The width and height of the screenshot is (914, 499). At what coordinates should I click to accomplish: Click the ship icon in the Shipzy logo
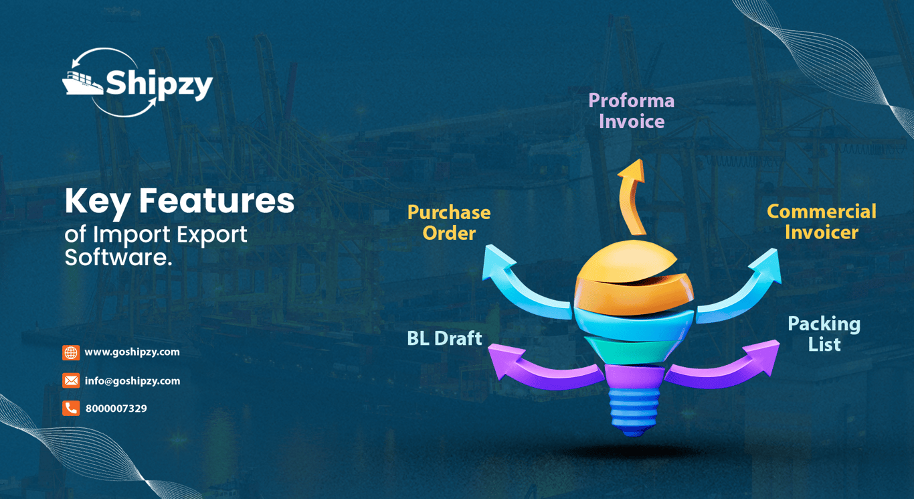82,83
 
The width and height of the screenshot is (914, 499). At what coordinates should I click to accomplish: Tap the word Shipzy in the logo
159,85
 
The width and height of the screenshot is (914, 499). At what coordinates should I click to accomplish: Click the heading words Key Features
179,202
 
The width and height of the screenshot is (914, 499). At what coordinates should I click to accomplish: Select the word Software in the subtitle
118,257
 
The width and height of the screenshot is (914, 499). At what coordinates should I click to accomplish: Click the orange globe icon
71,352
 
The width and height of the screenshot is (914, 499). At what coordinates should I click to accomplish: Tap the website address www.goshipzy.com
132,352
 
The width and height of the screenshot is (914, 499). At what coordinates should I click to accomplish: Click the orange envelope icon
71,380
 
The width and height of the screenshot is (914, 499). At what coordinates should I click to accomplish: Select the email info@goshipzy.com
132,381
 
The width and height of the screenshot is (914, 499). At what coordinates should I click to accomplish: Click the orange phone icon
71,408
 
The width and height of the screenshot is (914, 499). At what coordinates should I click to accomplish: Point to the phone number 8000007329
116,409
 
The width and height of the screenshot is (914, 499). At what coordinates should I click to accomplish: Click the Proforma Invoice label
632,111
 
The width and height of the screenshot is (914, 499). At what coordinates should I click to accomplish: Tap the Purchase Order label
449,222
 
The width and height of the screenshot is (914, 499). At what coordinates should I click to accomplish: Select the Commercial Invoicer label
822,222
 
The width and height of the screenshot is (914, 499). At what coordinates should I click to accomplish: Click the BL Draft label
445,338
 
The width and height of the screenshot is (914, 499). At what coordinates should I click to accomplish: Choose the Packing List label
824,334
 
